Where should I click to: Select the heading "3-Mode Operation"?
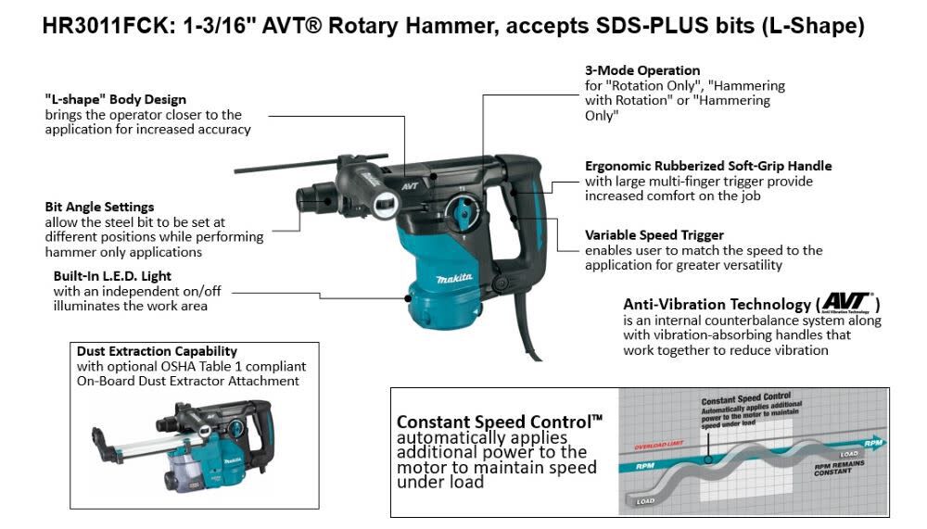pyautogui.click(x=641, y=70)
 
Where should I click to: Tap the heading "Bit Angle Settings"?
pyautogui.click(x=99, y=207)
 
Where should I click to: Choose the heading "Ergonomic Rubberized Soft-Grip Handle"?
pyautogui.click(x=708, y=166)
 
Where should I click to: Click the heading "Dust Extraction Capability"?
pyautogui.click(x=157, y=351)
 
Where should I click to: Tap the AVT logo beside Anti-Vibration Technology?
pyautogui.click(x=846, y=302)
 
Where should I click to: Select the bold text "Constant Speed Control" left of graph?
pyautogui.click(x=499, y=422)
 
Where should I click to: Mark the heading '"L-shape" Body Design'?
pyautogui.click(x=115, y=99)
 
